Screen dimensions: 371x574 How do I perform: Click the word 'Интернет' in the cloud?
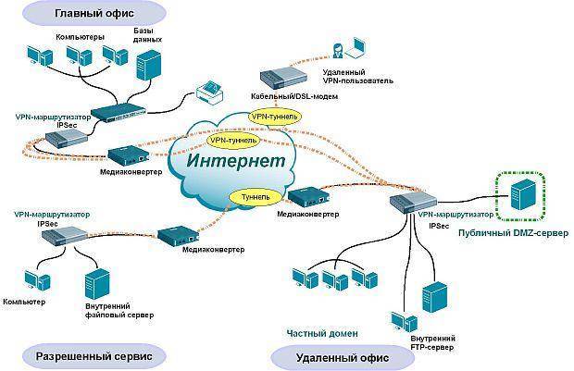pyautogui.click(x=237, y=160)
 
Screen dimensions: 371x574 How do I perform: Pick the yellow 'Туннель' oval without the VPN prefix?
pyautogui.click(x=255, y=197)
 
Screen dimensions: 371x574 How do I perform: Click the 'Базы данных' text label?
pyautogui.click(x=155, y=36)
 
